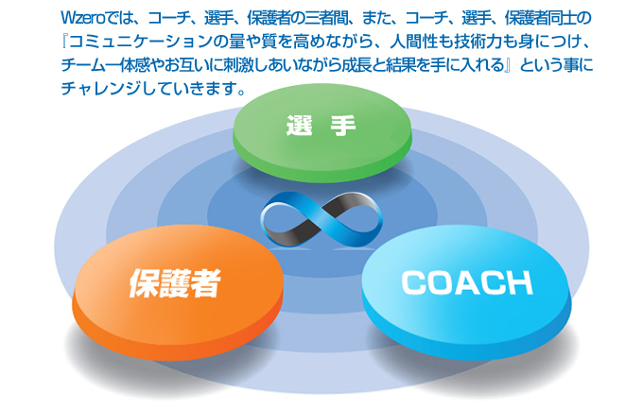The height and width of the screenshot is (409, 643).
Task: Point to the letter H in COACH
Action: pyautogui.click(x=519, y=281)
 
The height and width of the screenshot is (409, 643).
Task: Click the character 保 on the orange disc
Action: pyautogui.click(x=144, y=283)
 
